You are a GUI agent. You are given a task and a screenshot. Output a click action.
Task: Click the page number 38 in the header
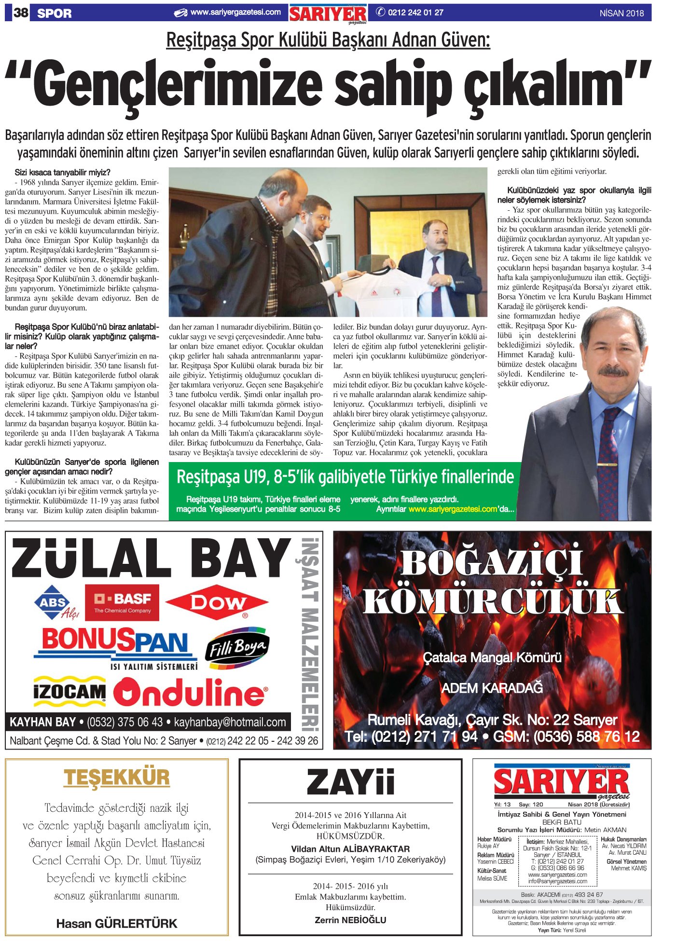click(21, 13)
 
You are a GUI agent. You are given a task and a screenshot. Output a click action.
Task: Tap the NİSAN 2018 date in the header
click(622, 14)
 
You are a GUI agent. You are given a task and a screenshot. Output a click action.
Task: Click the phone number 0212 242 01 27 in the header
click(415, 13)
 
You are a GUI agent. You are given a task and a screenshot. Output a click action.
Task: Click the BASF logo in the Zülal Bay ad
click(123, 602)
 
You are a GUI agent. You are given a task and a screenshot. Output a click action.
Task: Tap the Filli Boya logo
click(237, 649)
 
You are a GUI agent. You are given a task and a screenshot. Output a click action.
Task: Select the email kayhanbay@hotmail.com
click(230, 722)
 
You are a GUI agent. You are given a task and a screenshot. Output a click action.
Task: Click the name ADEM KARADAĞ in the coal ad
click(492, 688)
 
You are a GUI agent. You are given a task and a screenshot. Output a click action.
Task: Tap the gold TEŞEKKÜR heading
click(117, 777)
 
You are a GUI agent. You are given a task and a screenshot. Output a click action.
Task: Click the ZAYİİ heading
click(351, 782)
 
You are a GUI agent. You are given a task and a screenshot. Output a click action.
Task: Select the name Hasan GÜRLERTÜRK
click(117, 923)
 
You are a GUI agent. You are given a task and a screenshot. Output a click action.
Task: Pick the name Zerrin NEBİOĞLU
click(350, 920)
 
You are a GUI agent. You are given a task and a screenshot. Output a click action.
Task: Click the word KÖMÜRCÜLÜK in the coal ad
click(492, 603)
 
